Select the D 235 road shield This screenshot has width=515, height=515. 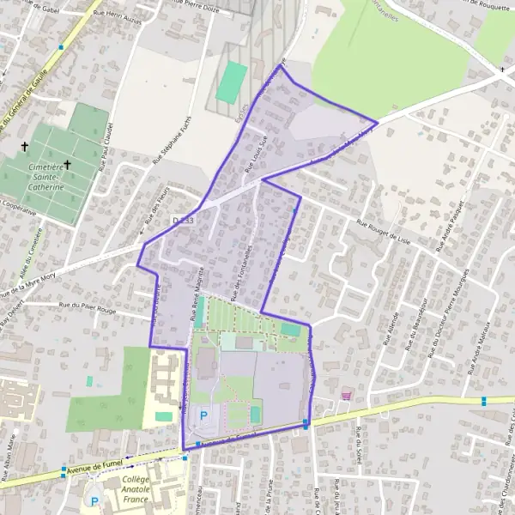point(178,220)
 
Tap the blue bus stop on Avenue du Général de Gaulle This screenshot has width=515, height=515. point(60,47)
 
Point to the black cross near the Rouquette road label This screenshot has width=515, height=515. point(502,69)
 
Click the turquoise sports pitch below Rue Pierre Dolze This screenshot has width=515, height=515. point(231,82)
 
